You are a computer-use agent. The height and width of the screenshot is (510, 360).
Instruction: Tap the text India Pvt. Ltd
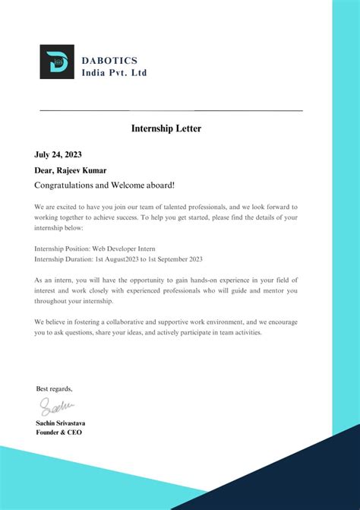(114, 72)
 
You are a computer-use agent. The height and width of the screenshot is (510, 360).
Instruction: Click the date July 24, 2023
(58, 155)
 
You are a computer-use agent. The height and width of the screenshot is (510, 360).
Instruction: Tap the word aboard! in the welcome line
(156, 185)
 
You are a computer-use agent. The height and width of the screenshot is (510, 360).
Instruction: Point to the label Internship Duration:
(63, 258)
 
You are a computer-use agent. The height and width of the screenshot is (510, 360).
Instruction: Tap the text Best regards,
(55, 388)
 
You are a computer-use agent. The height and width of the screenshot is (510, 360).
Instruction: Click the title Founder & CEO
(58, 432)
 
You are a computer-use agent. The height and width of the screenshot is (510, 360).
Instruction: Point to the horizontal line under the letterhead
(170, 111)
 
